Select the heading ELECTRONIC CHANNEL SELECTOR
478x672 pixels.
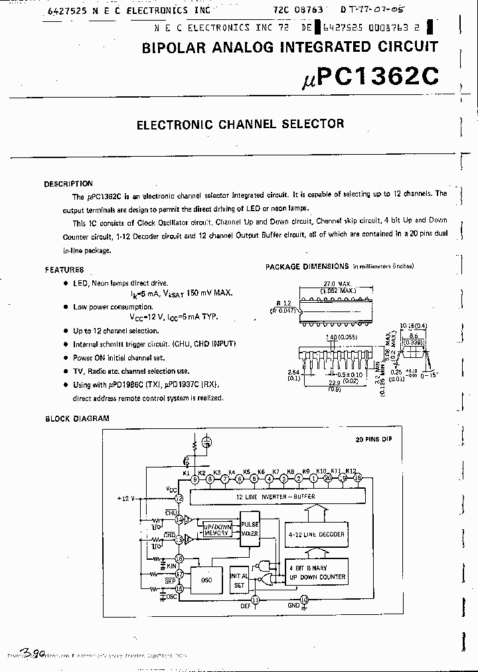tap(240, 124)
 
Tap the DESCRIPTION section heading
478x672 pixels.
tap(68, 184)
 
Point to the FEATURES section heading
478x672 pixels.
tap(64, 270)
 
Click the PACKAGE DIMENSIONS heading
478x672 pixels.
tap(307, 266)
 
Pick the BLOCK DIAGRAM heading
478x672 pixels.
tap(77, 419)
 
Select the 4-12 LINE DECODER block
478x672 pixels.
tap(317, 534)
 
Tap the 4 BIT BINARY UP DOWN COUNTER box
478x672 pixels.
tap(317, 572)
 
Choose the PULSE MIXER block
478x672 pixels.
tap(250, 528)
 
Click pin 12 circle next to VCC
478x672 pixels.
tap(179, 498)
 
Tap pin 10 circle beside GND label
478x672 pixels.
tap(305, 600)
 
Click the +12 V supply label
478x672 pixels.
tap(125, 498)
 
